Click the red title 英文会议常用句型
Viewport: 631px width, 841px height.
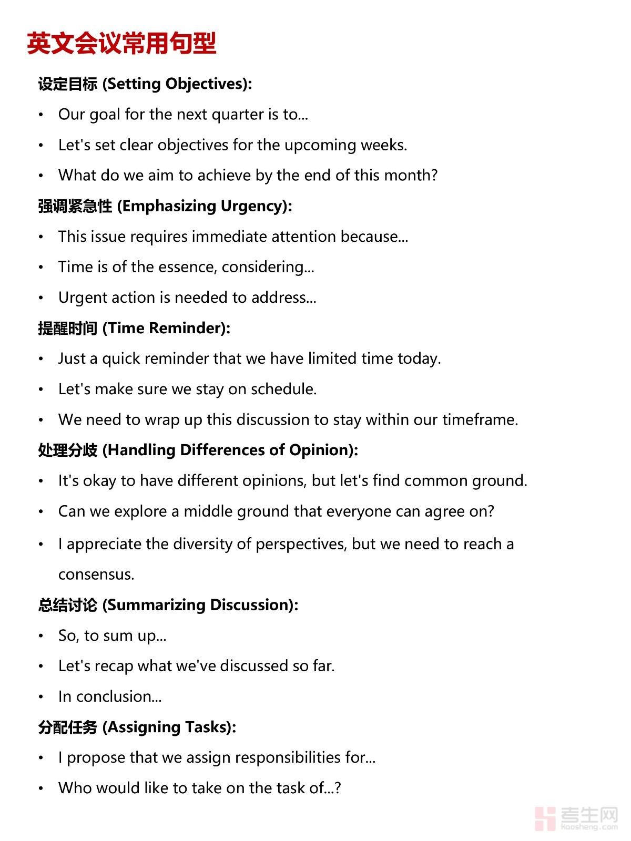[x=121, y=43]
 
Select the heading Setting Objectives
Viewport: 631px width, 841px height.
[x=145, y=84]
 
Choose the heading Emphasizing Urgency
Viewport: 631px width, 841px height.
[x=165, y=206]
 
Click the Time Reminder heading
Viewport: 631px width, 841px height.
[x=134, y=328]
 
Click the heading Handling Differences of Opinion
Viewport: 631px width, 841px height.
[x=198, y=450]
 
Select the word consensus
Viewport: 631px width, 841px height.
[x=96, y=575]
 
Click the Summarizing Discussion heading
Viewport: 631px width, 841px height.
[x=168, y=605]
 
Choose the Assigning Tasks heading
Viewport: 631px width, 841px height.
[x=137, y=727]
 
